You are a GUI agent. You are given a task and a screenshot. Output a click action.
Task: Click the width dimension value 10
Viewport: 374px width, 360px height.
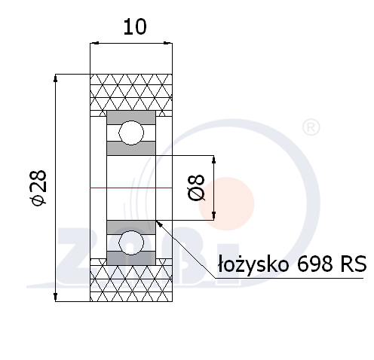coord(135,26)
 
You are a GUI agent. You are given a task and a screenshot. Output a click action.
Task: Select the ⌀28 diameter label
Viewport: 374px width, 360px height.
coord(38,188)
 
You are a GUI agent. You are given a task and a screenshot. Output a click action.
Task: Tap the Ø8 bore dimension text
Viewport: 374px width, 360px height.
coord(197,188)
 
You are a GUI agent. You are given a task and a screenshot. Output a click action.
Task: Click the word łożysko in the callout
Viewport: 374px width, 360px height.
coord(253,264)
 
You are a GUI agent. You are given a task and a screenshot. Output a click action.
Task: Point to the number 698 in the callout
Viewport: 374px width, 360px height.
coord(315,264)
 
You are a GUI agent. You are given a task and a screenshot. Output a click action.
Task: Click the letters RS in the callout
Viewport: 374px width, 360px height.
coord(354,264)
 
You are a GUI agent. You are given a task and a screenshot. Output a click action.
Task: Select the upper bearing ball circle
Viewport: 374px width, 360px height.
coord(131,133)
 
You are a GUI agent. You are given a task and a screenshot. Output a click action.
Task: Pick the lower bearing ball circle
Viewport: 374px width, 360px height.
coord(131,243)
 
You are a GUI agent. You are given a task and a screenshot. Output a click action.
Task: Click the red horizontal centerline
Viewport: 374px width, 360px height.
coord(131,188)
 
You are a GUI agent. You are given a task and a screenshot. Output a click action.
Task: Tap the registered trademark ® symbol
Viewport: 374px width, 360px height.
coord(311,127)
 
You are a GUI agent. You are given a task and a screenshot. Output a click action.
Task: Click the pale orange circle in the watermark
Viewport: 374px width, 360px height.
coord(226,203)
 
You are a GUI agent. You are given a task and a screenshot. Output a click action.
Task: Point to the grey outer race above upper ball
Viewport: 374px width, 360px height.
coord(131,117)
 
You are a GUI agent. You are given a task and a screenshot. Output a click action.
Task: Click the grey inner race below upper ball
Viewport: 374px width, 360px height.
coord(131,148)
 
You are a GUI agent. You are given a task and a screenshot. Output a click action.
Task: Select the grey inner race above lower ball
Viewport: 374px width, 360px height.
coord(131,227)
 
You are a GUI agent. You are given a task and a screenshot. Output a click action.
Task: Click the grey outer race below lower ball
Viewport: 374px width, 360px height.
coord(131,258)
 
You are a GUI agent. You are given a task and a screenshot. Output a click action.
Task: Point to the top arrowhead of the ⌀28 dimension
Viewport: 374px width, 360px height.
coord(56,78)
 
